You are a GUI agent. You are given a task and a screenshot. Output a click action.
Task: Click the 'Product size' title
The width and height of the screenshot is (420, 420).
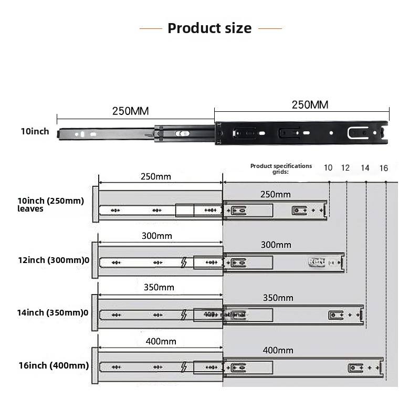coord(209,28)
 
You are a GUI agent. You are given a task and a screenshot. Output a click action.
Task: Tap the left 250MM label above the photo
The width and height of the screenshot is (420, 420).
coord(130,111)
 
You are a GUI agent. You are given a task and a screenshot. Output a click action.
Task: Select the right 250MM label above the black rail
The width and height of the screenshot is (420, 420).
coord(310,104)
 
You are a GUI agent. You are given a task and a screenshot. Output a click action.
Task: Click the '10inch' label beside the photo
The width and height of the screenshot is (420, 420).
coord(35,131)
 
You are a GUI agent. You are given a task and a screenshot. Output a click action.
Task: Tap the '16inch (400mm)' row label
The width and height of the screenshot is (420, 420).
coord(53,365)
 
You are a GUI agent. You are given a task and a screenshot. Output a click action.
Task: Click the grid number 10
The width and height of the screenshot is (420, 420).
coord(328,168)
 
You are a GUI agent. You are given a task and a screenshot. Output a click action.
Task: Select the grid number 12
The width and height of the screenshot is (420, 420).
coord(345,168)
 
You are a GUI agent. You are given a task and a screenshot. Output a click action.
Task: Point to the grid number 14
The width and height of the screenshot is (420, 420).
coord(365,168)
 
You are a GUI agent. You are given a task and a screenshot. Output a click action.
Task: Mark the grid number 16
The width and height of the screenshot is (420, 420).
coord(384,168)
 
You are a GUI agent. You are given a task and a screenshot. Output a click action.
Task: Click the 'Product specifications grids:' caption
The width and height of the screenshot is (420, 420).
coord(281,169)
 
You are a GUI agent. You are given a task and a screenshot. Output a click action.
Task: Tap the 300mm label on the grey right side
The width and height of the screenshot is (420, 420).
coord(276,245)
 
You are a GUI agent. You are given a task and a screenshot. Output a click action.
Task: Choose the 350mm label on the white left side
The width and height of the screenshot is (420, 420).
coord(159,287)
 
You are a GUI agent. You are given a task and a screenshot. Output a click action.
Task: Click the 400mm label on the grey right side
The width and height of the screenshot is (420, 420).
coord(278,350)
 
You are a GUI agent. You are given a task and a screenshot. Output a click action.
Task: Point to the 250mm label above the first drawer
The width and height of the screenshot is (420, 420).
coord(156,176)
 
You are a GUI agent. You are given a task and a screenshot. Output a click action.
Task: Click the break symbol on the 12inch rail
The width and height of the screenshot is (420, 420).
coord(183,262)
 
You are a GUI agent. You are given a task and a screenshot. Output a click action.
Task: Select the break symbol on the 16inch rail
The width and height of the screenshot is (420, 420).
coord(183,367)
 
